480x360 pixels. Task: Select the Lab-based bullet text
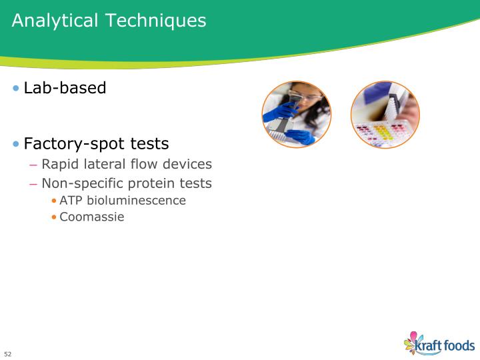pos(65,88)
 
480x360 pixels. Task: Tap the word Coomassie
pos(92,217)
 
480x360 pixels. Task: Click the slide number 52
pos(8,353)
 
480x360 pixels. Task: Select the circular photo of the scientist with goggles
pos(296,115)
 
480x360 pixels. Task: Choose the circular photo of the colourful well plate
pos(385,115)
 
